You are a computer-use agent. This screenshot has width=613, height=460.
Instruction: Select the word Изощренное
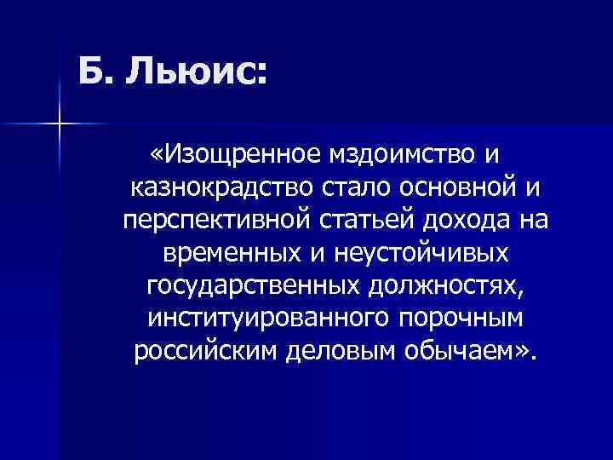tap(231, 156)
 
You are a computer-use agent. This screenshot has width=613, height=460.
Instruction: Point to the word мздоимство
tap(399, 156)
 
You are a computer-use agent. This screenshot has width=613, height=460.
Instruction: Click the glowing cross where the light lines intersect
tap(60, 124)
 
